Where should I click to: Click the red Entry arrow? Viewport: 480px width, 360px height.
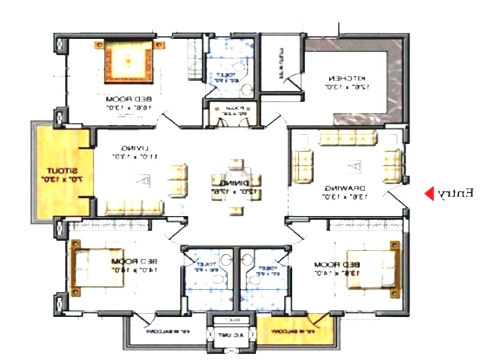(429, 194)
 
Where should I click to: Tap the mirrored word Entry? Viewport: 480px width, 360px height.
(455, 194)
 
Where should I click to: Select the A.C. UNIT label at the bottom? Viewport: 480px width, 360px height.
(228, 335)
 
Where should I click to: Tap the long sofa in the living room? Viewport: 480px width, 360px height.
(134, 208)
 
